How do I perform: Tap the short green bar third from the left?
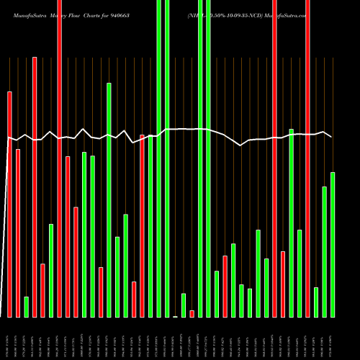[26, 307]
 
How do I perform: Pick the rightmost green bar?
[333, 244]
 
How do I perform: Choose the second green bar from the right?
[325, 251]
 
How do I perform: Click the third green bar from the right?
[316, 302]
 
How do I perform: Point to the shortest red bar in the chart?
[192, 313]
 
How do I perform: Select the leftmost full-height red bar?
[60, 158]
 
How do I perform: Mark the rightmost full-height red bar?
[307, 158]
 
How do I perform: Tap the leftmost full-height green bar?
[159, 158]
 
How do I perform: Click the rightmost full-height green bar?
[209, 158]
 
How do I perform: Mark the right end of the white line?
[331, 136]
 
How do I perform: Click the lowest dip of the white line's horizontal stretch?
[240, 145]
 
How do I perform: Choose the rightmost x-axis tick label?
[332, 339]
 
